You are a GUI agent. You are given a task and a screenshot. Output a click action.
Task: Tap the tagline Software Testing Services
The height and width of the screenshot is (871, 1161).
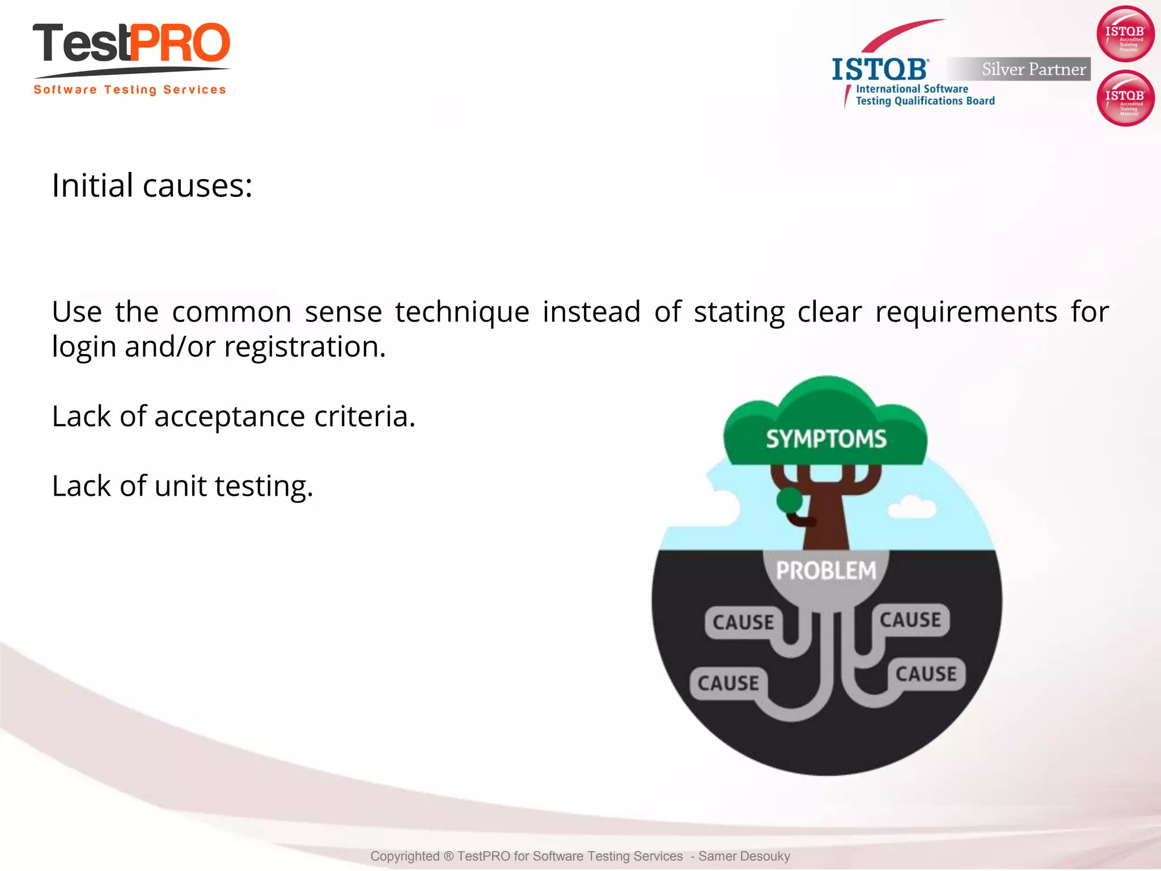click(x=130, y=90)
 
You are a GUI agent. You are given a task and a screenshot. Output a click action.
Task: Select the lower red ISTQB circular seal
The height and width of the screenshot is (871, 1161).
click(x=1125, y=98)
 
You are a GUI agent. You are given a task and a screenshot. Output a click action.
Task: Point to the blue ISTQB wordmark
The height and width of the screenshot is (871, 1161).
click(x=879, y=70)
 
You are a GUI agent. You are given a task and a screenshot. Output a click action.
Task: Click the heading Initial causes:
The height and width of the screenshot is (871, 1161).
click(x=152, y=185)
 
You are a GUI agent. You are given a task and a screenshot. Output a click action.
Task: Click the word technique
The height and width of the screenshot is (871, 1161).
click(x=462, y=312)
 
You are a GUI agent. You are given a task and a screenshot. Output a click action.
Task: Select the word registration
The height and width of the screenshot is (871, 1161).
click(x=305, y=346)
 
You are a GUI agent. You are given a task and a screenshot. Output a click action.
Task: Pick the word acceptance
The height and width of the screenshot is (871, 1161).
click(x=230, y=416)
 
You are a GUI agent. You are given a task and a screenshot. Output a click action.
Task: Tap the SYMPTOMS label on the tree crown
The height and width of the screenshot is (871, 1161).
click(x=826, y=439)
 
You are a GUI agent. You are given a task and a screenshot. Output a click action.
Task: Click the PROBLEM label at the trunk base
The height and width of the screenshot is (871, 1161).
click(x=826, y=570)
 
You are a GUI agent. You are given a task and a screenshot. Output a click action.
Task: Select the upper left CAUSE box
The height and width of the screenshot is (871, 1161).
click(x=743, y=623)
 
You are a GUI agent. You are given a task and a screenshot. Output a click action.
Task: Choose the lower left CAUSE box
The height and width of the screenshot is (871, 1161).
click(x=728, y=683)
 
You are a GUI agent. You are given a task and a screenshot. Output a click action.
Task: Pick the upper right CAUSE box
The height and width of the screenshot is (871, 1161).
click(x=910, y=620)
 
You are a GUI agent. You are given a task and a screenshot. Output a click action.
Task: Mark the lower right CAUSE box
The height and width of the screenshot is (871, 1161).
click(x=926, y=674)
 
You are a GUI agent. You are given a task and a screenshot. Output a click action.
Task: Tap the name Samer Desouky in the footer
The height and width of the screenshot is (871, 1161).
click(x=744, y=856)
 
